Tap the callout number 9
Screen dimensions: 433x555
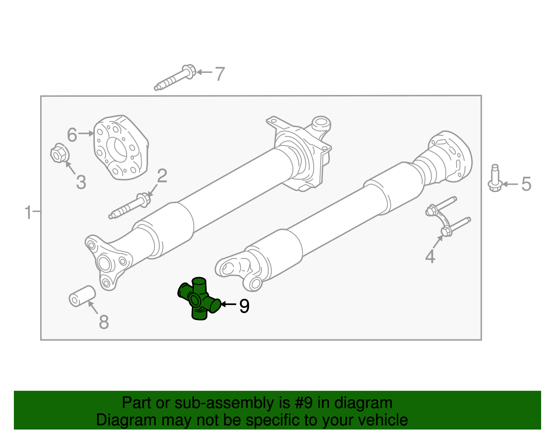pyautogui.click(x=244, y=306)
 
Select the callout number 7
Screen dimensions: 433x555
pyautogui.click(x=220, y=74)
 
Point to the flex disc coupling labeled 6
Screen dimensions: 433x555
pyautogui.click(x=121, y=148)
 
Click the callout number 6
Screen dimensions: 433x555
pyautogui.click(x=72, y=135)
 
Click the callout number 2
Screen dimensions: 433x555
pyautogui.click(x=162, y=176)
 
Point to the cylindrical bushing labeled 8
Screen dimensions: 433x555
pyautogui.click(x=82, y=296)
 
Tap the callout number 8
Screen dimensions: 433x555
pyautogui.click(x=104, y=322)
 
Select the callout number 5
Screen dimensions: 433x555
pyautogui.click(x=526, y=184)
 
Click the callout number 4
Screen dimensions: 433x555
pyautogui.click(x=430, y=257)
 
